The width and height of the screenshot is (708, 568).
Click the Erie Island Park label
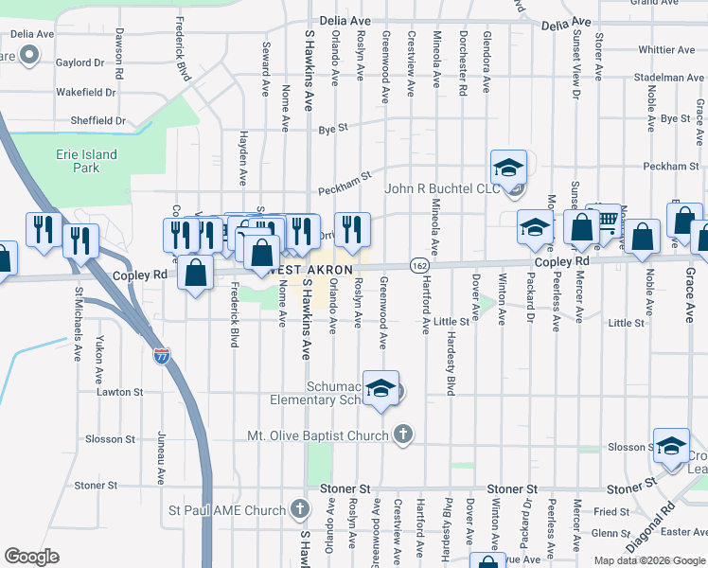(86, 161)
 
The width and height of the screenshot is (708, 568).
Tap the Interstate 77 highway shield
(162, 357)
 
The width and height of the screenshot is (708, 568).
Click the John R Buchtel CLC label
(442, 188)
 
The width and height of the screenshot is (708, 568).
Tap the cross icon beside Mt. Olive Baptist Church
(403, 435)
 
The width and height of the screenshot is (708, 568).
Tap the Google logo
(31, 557)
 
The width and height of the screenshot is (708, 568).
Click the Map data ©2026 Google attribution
(650, 560)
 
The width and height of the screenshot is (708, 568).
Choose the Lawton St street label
(119, 391)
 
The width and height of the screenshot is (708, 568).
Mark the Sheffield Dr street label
(97, 120)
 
